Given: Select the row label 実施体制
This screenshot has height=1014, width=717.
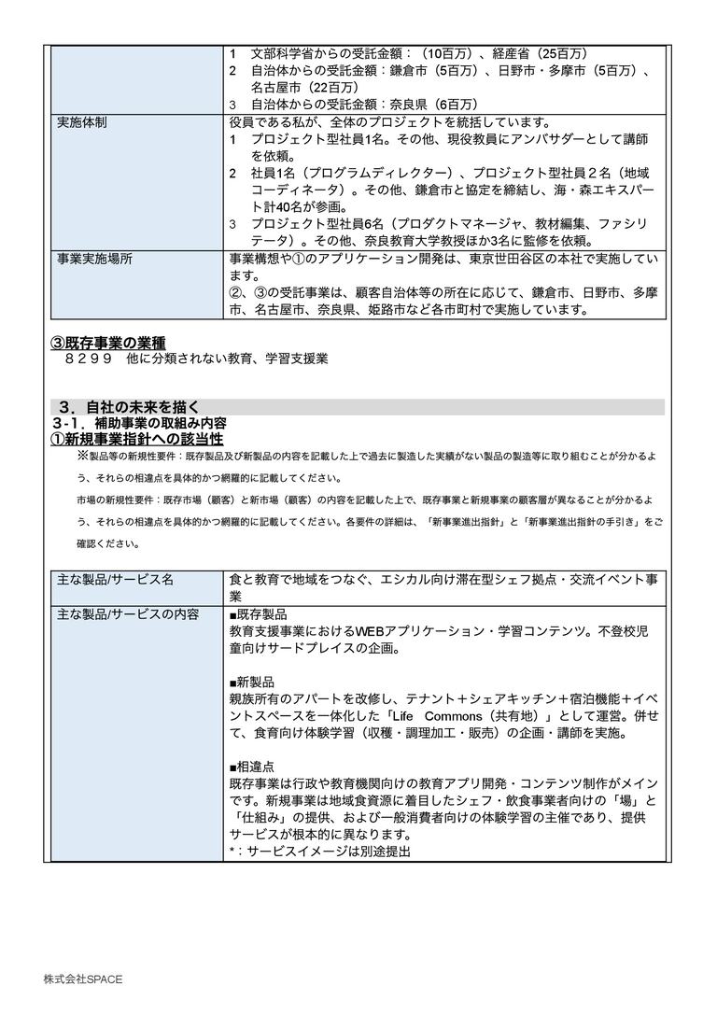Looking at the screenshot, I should [x=82, y=122].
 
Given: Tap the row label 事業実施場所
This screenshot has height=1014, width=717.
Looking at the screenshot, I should [x=94, y=259].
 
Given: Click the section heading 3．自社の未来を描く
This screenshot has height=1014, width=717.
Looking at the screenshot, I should [x=128, y=407].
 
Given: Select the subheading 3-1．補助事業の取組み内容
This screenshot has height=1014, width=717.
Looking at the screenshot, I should [x=138, y=423].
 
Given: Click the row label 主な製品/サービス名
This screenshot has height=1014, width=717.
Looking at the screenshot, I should [x=115, y=579].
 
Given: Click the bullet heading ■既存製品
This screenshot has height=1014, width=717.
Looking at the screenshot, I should [x=258, y=615].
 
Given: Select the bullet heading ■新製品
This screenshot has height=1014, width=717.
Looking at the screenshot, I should [x=252, y=682].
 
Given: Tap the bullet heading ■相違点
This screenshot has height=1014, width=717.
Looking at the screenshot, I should [x=252, y=766].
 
